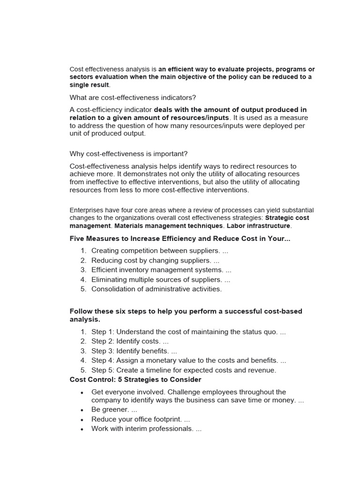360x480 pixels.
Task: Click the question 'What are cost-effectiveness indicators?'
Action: [x=133, y=97]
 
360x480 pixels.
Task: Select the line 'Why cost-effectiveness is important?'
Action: [x=128, y=154]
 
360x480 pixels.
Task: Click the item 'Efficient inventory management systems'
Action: [x=157, y=270]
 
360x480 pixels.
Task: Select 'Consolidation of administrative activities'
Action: [x=156, y=289]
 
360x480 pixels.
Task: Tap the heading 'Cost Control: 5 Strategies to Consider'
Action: [x=135, y=380]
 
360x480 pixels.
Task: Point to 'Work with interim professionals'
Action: [x=142, y=429]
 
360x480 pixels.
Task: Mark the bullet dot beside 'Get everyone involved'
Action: [x=82, y=392]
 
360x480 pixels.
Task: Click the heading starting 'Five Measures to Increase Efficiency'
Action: [x=180, y=239]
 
